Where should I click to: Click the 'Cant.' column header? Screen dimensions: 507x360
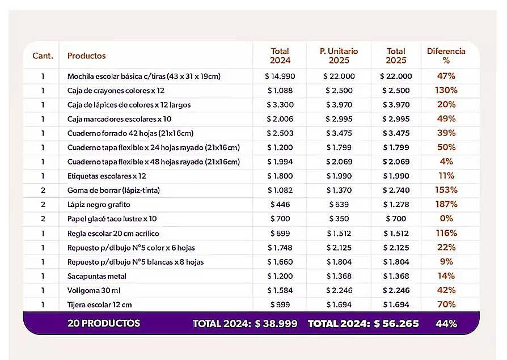[43, 56]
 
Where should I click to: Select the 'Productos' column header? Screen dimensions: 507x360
[86, 56]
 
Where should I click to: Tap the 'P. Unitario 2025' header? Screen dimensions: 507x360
[339, 56]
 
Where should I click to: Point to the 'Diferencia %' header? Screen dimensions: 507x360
[446, 56]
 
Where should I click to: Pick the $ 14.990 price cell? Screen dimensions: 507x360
[280, 77]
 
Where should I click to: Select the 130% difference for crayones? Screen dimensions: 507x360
[446, 91]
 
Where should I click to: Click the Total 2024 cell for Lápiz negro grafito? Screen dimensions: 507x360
[280, 205]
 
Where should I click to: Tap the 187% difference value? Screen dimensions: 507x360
[446, 204]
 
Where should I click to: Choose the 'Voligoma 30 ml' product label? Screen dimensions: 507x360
[94, 290]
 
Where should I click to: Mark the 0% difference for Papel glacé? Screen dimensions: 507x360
[446, 218]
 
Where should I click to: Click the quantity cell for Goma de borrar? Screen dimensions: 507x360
[43, 190]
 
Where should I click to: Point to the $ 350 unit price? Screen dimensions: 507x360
[339, 219]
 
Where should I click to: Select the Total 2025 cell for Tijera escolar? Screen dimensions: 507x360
[396, 305]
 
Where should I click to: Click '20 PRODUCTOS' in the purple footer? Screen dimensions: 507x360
[104, 324]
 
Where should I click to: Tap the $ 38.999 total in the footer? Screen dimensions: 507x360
[276, 324]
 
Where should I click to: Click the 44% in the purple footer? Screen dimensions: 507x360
[446, 324]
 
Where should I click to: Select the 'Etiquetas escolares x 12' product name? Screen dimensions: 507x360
[107, 176]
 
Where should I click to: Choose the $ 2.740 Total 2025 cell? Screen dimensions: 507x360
[396, 190]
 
